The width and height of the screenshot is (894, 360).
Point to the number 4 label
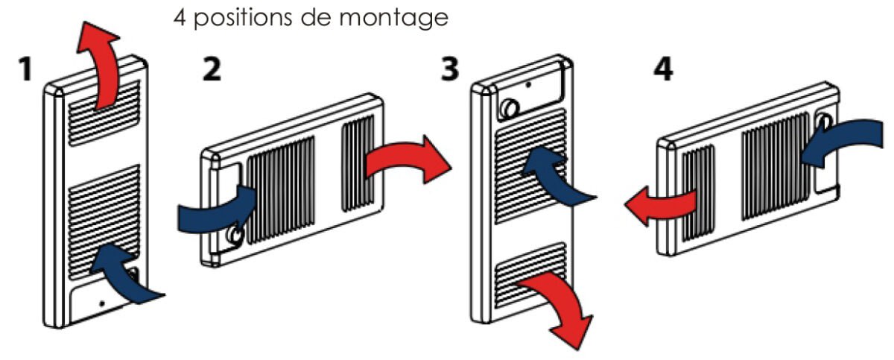click(662, 72)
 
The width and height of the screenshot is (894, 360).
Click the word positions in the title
click(247, 18)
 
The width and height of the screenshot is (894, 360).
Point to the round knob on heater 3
click(509, 109)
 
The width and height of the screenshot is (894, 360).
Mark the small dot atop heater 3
click(528, 85)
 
